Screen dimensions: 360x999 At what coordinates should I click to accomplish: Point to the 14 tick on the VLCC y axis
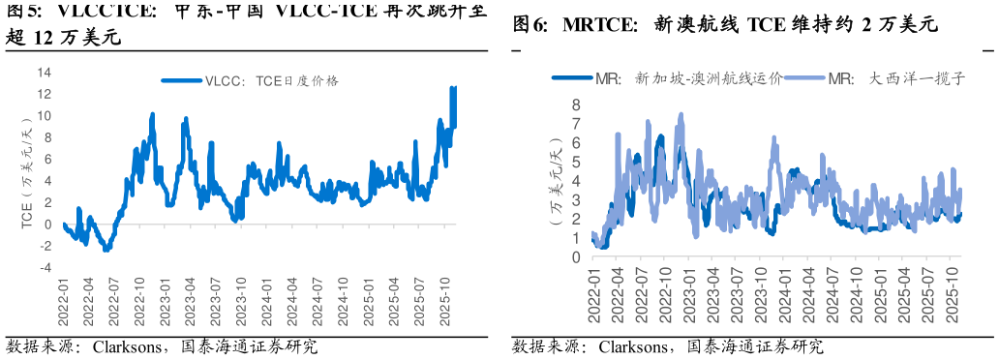pos(44,73)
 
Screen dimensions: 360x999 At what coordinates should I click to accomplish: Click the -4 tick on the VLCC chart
pos(45,268)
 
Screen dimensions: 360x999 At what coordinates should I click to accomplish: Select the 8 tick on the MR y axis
pos(575,105)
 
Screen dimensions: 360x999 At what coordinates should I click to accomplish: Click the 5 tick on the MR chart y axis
pos(575,162)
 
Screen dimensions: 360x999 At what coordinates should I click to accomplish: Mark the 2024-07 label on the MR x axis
pos(832,294)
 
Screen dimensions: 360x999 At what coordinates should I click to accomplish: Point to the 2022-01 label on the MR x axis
pos(594,294)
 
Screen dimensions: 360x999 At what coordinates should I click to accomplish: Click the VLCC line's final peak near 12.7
pos(453,88)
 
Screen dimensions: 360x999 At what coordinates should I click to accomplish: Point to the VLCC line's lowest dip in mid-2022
pos(106,250)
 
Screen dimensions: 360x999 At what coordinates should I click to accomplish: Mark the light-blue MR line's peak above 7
pos(681,114)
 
